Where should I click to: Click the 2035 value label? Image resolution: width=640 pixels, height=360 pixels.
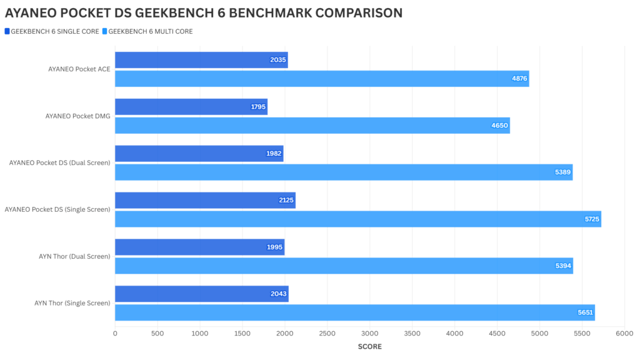coord(278,60)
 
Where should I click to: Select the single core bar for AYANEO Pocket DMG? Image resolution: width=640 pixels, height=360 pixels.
coord(191,107)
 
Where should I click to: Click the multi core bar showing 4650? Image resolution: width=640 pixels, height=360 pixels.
coord(312,126)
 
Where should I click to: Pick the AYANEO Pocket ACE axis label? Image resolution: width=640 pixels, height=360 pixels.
coord(79,69)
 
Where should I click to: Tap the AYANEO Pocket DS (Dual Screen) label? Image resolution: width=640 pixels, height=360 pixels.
coord(59,162)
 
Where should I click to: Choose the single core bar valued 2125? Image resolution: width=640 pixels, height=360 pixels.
coord(204,201)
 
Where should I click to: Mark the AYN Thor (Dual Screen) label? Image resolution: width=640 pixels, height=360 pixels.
coord(74,256)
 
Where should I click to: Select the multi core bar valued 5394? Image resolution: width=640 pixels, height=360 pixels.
coord(344,266)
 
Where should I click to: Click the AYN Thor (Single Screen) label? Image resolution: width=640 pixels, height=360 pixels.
coord(72,303)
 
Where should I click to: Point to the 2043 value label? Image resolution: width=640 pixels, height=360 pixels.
coord(279,294)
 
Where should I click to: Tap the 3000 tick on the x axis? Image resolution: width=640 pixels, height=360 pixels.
coord(369,334)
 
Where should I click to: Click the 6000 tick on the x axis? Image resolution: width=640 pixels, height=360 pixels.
coord(624,334)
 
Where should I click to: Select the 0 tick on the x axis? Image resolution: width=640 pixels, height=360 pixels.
coord(115,334)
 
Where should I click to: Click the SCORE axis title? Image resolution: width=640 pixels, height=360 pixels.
coord(369,346)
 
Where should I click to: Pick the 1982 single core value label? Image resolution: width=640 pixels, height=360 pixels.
coord(274,154)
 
